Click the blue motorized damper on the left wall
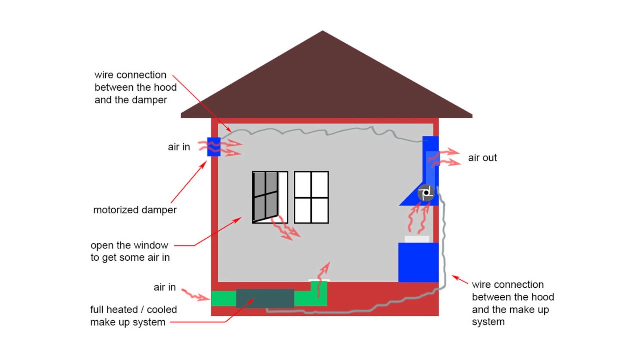(214, 146)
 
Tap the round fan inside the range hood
(426, 193)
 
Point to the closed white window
(311, 197)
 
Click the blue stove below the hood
(418, 262)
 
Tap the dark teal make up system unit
(265, 298)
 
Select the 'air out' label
(482, 158)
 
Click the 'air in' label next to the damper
(179, 147)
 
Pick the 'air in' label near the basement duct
(165, 287)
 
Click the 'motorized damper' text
(135, 210)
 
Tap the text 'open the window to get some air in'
(130, 251)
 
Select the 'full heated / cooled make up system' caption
(133, 316)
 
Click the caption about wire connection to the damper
(135, 87)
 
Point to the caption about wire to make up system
(513, 303)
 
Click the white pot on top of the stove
(417, 239)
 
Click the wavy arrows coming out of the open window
(285, 227)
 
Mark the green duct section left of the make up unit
(223, 298)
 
